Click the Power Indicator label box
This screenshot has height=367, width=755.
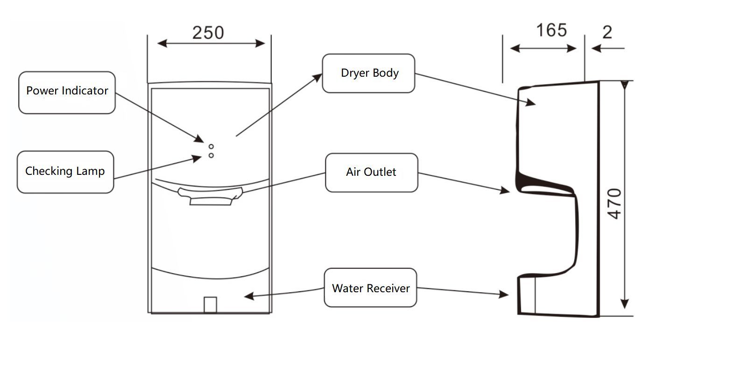67,92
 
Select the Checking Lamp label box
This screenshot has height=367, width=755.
65,172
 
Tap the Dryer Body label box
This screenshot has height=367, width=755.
368,73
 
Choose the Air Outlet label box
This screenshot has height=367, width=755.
371,172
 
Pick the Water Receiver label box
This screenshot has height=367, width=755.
370,288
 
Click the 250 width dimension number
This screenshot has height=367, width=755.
208,33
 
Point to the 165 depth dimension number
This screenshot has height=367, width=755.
551,30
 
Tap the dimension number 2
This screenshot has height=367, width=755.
607,32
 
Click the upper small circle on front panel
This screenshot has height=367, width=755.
211,147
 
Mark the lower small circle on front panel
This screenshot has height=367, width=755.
211,155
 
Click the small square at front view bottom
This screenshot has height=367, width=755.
211,304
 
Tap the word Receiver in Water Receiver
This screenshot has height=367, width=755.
388,288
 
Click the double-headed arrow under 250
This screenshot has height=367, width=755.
211,44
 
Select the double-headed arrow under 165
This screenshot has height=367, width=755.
543,49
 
